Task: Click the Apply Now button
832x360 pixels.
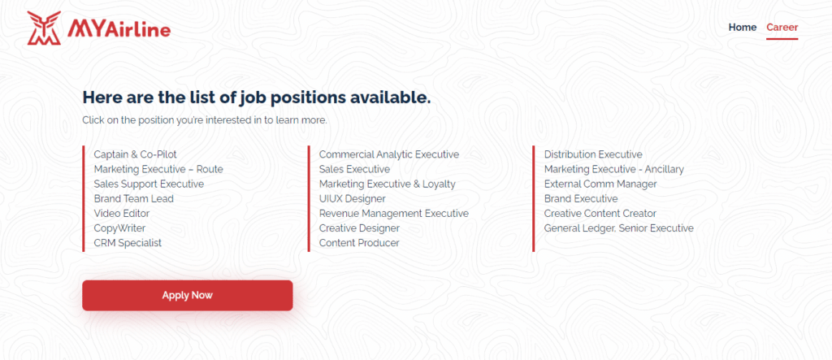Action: point(188,295)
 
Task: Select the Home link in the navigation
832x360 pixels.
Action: point(743,28)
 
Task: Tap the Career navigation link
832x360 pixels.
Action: point(782,28)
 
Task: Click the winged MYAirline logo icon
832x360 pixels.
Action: point(44,28)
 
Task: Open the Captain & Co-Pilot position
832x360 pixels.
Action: point(136,154)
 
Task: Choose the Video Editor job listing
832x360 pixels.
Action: point(122,214)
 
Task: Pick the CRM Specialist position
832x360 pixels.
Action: point(128,243)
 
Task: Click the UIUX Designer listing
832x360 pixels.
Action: point(353,198)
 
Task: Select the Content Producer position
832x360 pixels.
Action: point(359,243)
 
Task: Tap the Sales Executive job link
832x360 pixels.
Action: point(354,169)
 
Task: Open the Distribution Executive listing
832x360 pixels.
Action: point(593,154)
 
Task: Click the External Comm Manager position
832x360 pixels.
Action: point(600,184)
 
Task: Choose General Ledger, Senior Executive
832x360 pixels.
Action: point(618,228)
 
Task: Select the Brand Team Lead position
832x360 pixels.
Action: point(134,198)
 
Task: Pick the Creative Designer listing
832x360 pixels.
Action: point(359,228)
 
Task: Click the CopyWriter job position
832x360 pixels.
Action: point(119,228)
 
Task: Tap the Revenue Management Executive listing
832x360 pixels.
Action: point(394,214)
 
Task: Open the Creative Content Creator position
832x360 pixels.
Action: point(600,214)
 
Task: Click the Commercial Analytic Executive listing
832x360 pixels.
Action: point(389,154)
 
